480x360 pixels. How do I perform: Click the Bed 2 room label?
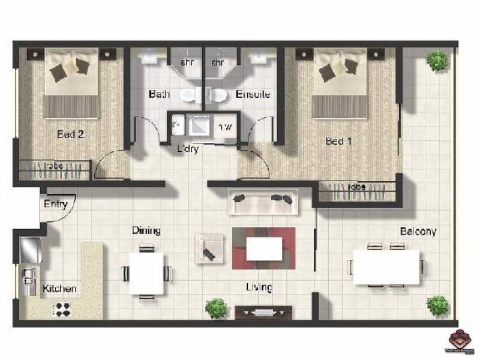70,134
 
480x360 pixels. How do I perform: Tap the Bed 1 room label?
338,142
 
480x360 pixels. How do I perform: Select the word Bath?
159,94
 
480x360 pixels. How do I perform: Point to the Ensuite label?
253,94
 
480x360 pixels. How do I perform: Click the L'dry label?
188,149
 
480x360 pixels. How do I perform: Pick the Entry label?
55,204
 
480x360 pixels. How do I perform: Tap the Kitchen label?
59,289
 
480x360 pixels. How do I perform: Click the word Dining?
146,230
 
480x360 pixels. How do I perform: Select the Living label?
259,287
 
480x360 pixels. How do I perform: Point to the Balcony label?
418,231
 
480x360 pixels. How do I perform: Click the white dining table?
146,274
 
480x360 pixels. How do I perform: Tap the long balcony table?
386,267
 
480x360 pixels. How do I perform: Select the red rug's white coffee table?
264,248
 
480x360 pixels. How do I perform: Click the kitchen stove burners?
62,309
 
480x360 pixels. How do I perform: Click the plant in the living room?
215,308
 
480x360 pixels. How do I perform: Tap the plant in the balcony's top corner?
437,60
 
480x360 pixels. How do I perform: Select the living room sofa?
263,200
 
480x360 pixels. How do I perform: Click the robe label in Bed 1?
357,187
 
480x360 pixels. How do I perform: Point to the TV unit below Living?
263,312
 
